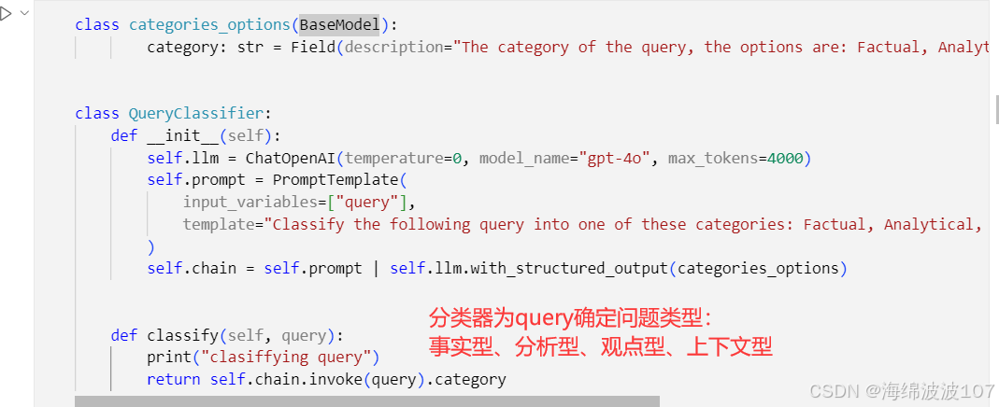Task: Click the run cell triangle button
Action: [x=6, y=13]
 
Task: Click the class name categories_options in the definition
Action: [x=210, y=24]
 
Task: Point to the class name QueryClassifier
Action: [x=196, y=113]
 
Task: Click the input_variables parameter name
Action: [x=250, y=202]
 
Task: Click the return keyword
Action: [x=173, y=379]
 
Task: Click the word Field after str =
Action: [x=312, y=47]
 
